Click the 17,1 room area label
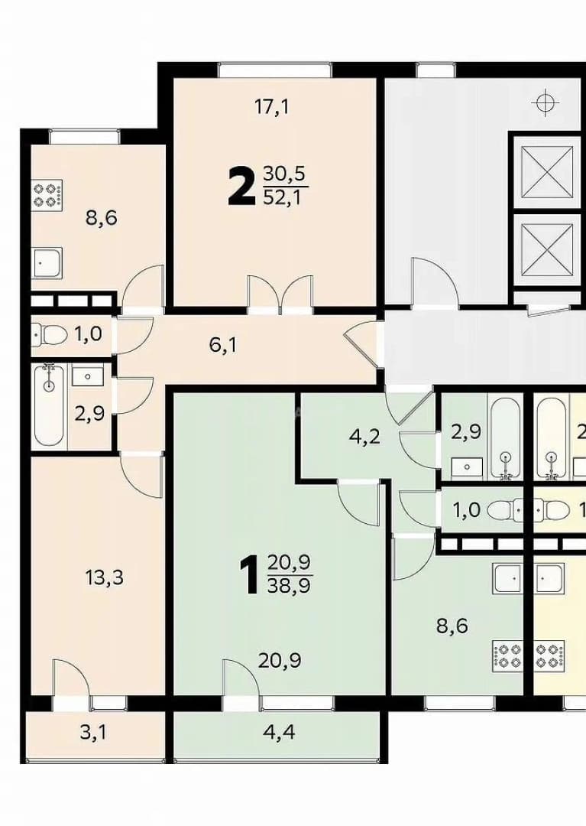(x=272, y=107)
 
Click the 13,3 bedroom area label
(x=104, y=578)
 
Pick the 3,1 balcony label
(x=93, y=732)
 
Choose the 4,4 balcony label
(x=279, y=733)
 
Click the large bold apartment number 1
(x=251, y=577)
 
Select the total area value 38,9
(x=289, y=586)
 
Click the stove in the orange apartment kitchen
(x=47, y=193)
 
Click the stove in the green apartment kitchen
(x=507, y=655)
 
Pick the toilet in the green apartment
(x=505, y=510)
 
